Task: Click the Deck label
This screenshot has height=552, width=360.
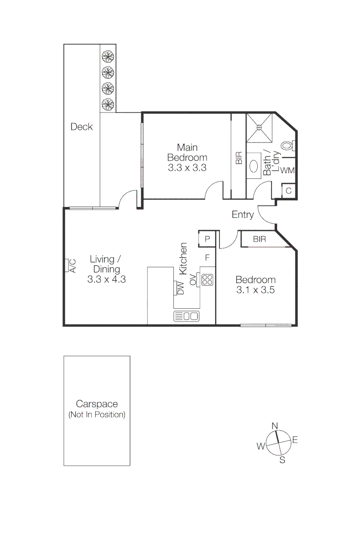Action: coord(82,126)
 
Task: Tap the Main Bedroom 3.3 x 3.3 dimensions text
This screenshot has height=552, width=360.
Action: coord(187,167)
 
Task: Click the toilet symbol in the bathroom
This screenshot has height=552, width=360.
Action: coord(287,146)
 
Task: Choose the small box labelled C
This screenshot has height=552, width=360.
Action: coord(288,191)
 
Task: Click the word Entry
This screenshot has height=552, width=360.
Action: coord(242,215)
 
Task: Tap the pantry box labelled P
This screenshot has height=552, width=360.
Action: coord(208,239)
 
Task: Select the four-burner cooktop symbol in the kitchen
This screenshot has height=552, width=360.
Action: coord(207,279)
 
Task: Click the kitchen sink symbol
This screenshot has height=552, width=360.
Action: coord(187,316)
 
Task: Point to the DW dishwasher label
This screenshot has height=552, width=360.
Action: coord(180,288)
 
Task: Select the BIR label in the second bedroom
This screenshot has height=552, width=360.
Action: coord(259,239)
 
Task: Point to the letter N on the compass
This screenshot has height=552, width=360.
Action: coord(275,426)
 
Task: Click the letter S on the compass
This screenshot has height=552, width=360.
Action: coord(282,460)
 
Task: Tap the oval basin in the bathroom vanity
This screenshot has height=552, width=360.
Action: coord(254,166)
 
